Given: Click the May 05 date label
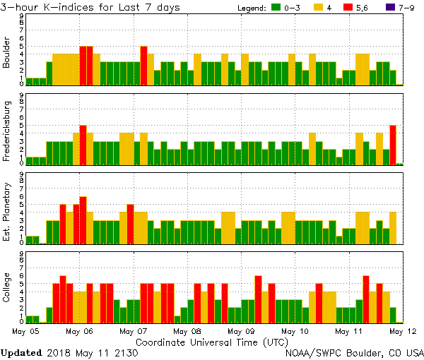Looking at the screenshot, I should [x=25, y=330].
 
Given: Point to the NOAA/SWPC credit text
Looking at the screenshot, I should [x=354, y=352].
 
